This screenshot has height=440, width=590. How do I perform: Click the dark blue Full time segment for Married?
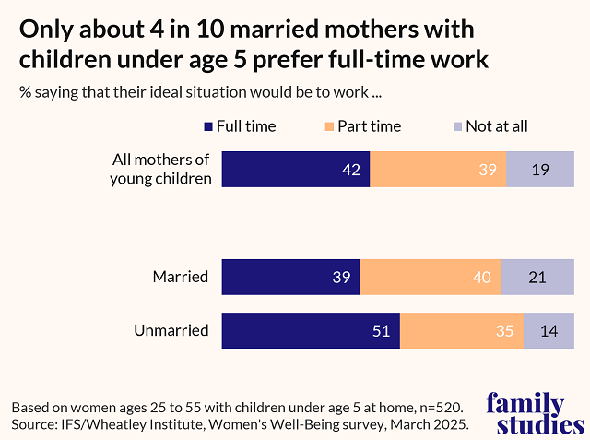(x=290, y=277)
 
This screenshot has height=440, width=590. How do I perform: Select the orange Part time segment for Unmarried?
(x=461, y=330)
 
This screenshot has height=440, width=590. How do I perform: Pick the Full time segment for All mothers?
(x=295, y=169)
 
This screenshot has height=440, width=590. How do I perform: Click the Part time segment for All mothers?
(x=438, y=169)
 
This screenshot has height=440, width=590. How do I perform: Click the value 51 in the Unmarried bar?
(x=380, y=330)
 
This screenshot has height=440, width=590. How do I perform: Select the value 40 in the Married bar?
(x=481, y=277)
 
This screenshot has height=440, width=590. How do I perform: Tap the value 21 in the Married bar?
(x=537, y=277)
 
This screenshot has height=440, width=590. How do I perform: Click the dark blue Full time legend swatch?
(x=208, y=126)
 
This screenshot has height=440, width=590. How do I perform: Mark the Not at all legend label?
(x=497, y=126)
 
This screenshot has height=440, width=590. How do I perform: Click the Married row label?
(x=181, y=276)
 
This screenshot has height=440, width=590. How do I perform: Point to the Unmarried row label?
(x=171, y=329)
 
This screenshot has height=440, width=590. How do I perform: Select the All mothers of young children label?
(x=161, y=169)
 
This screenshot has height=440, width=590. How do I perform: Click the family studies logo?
(x=535, y=413)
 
